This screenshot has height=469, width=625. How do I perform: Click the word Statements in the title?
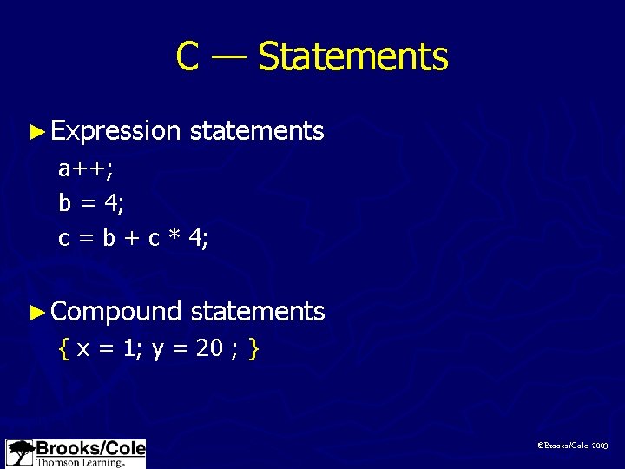(x=352, y=56)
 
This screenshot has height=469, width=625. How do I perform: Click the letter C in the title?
(x=187, y=56)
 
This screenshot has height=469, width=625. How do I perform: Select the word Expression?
(x=115, y=131)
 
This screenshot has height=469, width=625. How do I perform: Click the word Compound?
(x=115, y=311)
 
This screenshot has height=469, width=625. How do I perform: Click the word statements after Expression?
(x=257, y=131)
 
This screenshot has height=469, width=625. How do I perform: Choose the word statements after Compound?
(x=257, y=311)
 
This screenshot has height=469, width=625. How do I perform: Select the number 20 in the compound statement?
(x=208, y=349)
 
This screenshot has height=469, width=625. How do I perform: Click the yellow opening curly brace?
(x=63, y=349)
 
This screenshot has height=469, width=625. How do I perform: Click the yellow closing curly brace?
(x=253, y=349)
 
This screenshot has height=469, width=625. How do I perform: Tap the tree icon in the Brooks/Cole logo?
(x=20, y=453)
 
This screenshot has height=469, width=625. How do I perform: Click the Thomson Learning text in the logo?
(x=79, y=462)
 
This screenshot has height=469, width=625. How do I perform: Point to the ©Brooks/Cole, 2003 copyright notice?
(x=574, y=444)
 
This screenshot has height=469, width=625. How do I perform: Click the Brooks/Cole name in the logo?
(x=89, y=448)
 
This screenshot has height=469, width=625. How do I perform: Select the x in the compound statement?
(x=82, y=350)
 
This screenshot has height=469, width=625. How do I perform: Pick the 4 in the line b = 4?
(x=110, y=202)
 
